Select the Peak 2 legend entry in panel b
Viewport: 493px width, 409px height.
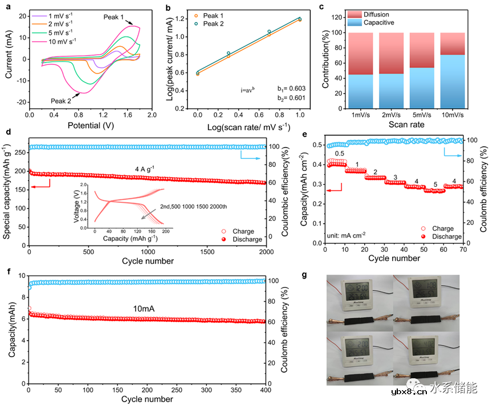pos(210,24)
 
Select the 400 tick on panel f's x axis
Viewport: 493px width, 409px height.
pos(267,391)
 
